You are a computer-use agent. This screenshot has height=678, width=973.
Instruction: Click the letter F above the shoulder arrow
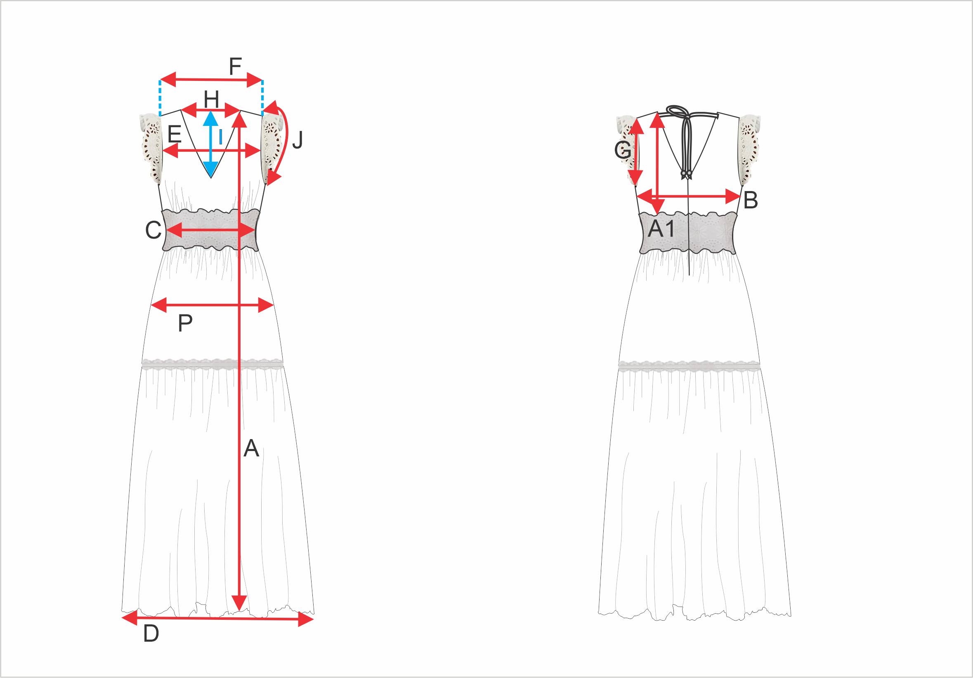[x=235, y=66]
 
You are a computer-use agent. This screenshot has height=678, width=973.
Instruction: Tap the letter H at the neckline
[x=211, y=100]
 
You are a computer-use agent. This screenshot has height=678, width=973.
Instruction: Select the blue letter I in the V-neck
[x=220, y=137]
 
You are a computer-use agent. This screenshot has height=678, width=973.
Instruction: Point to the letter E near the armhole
[x=175, y=135]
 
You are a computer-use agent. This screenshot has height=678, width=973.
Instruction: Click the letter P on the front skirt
[x=185, y=324]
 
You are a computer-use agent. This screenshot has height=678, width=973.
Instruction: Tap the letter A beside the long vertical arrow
[x=251, y=448]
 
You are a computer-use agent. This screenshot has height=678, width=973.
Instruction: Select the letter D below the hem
[x=151, y=633]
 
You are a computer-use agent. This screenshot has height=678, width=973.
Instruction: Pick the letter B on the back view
[x=751, y=200]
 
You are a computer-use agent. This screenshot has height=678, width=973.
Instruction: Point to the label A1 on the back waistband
[x=661, y=229]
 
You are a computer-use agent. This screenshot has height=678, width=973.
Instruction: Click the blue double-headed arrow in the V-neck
[x=210, y=143]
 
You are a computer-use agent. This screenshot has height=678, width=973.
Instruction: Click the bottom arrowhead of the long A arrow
[x=239, y=602]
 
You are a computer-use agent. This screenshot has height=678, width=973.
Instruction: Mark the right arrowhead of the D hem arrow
[x=305, y=619]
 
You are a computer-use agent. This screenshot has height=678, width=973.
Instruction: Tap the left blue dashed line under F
[x=160, y=98]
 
